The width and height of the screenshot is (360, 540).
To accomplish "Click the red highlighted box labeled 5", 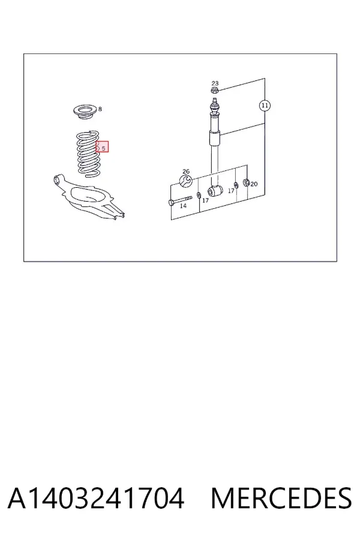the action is tap(103, 147).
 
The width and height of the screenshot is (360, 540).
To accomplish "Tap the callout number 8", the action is tap(100, 109).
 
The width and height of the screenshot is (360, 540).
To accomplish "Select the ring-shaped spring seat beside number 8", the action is tap(85, 113).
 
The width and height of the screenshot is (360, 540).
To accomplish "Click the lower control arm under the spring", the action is tap(89, 198).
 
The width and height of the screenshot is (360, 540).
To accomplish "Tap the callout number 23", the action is tap(215, 83).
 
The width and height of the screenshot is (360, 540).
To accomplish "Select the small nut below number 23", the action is tap(214, 91).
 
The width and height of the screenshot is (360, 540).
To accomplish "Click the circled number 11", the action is tap(265, 106).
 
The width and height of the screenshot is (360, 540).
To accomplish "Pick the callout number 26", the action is tap(186, 172).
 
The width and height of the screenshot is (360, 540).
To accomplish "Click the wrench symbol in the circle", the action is tap(186, 181).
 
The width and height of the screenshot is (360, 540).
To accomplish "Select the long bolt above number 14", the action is tap(180, 200).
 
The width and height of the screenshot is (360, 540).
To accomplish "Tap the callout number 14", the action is tap(183, 206).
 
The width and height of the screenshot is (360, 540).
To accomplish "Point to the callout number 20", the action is tap(254, 184).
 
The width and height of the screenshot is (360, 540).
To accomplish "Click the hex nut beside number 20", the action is tap(247, 182).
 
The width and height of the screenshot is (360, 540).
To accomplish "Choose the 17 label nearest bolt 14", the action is tap(205, 200).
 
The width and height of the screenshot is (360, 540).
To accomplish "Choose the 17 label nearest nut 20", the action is tap(231, 191).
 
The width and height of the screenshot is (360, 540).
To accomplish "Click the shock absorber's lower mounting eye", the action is tap(215, 191).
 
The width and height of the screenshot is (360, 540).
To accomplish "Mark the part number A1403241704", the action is tap(96, 498).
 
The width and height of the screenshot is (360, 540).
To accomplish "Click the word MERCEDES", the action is tap(281, 498).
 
